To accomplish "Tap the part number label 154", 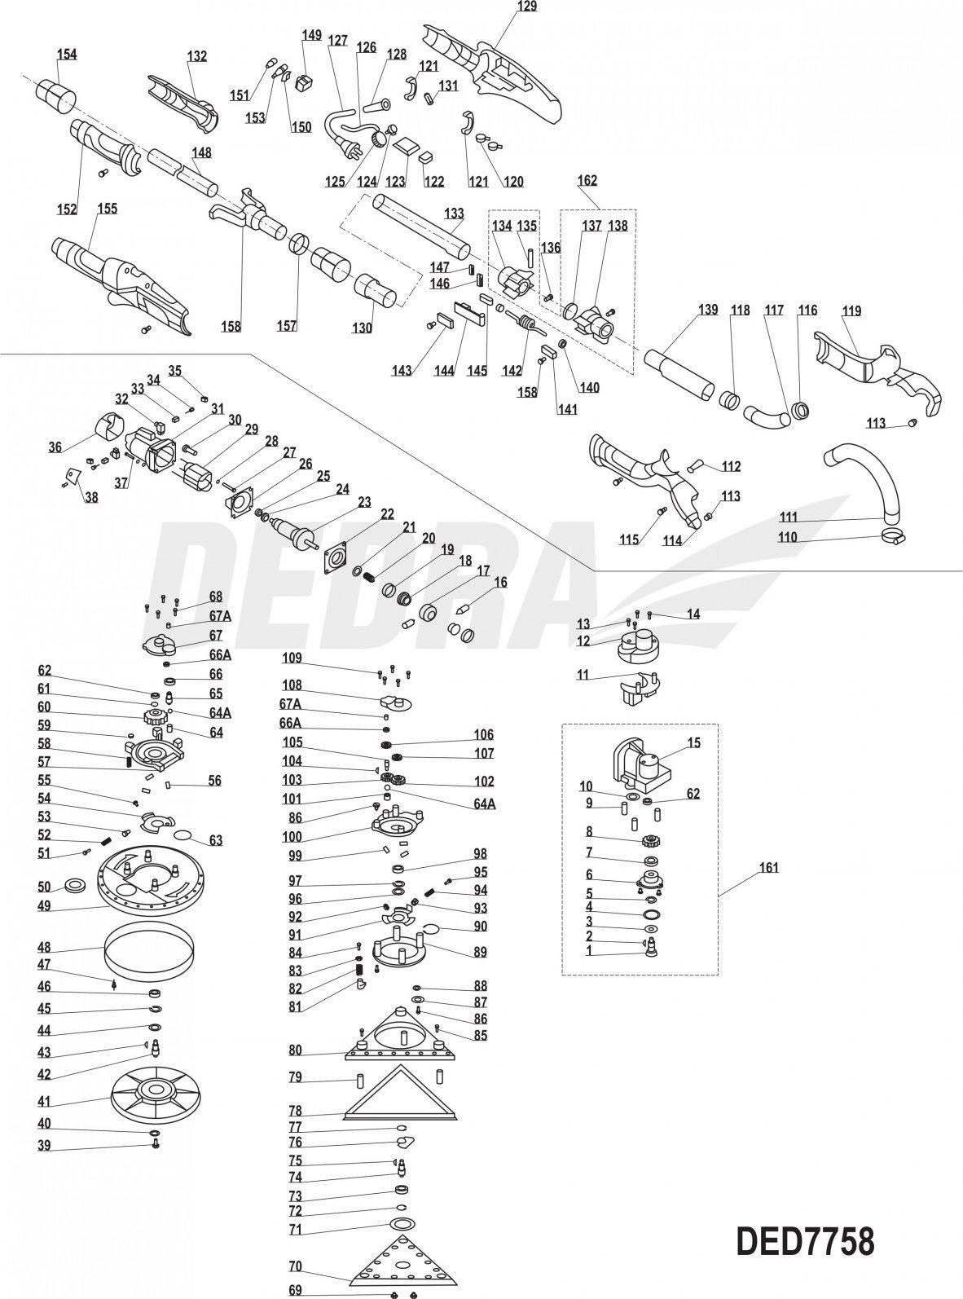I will [67, 54].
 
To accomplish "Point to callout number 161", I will [768, 868].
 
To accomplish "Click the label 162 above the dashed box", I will [587, 180].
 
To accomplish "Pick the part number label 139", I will [707, 310].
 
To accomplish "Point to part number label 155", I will [107, 208].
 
